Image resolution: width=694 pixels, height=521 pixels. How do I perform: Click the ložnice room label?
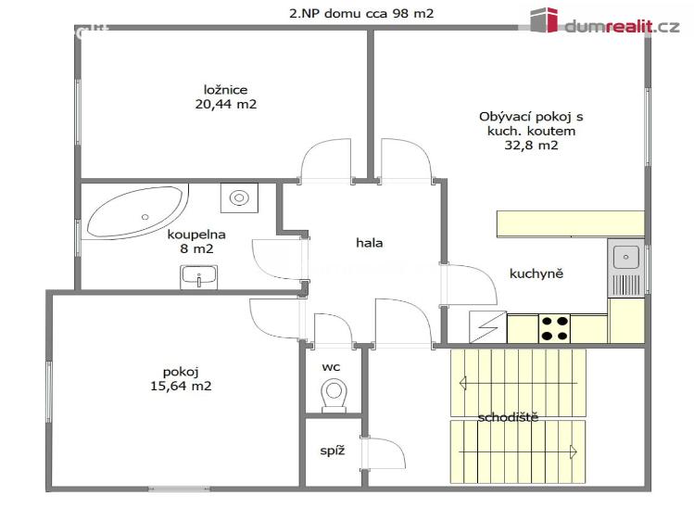[226, 90]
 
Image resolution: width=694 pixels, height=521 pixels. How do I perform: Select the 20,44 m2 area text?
[226, 105]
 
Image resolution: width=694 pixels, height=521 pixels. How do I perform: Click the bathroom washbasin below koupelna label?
[198, 275]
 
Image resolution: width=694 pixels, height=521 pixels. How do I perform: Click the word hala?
[369, 243]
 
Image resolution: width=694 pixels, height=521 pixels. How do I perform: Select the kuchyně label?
[536, 273]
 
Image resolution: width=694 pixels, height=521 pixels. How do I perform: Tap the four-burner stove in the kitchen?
[554, 328]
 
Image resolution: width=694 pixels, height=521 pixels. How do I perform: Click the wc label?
[331, 367]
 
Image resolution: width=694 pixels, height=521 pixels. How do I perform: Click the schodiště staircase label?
[508, 417]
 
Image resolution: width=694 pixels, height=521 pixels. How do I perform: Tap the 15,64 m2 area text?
[181, 386]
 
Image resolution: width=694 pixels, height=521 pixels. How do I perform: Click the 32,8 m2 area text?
[531, 146]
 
